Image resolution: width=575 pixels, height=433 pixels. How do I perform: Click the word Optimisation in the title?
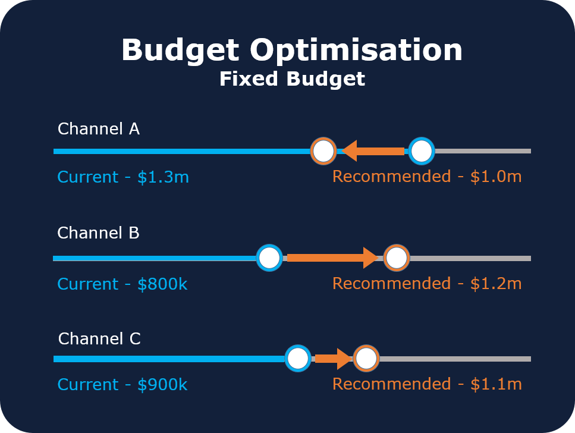[x=356, y=51]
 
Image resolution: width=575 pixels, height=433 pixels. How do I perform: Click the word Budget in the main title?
[x=181, y=51]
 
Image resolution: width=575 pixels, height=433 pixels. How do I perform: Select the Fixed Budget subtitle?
[x=292, y=79]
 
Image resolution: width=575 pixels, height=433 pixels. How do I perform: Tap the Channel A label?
[x=98, y=129]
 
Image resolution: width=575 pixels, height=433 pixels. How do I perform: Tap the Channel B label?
[x=98, y=233]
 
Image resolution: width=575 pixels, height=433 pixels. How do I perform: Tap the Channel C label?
[x=99, y=339]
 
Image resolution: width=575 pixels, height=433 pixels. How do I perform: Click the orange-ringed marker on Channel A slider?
[x=323, y=151]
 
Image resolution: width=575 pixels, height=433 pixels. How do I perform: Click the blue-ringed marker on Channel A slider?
[x=422, y=151]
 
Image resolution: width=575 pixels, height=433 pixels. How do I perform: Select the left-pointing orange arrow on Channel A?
[x=373, y=151]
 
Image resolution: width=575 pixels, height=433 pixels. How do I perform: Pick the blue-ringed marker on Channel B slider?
[x=269, y=258]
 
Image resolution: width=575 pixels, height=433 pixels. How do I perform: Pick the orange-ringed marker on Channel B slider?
[x=396, y=258]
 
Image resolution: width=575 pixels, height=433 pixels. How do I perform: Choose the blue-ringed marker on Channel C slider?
[x=297, y=359]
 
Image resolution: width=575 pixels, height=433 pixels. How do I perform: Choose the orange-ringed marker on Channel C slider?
[x=366, y=359]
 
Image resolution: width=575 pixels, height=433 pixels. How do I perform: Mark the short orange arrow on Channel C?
[x=333, y=359]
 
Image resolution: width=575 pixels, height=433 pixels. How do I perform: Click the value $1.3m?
[x=163, y=177]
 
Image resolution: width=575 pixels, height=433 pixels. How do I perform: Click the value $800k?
[x=162, y=284]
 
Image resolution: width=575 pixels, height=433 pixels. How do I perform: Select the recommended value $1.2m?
[x=495, y=284]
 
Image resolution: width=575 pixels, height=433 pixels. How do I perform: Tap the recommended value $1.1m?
[x=495, y=384]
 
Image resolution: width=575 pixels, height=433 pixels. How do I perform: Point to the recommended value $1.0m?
[x=495, y=177]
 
